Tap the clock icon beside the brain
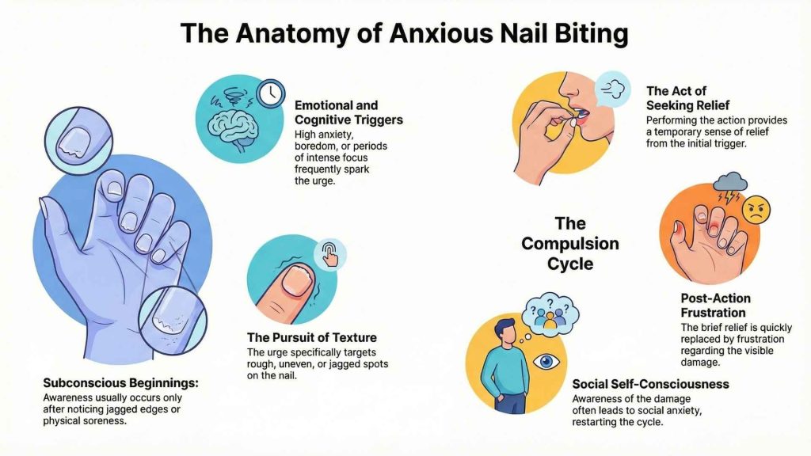coord(271,93)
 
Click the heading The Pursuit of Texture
coord(311,338)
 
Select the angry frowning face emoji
coord(756,209)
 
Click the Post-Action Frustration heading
coord(715,305)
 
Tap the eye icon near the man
coord(545,361)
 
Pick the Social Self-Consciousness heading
coord(650,384)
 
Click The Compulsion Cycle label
coord(569,243)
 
